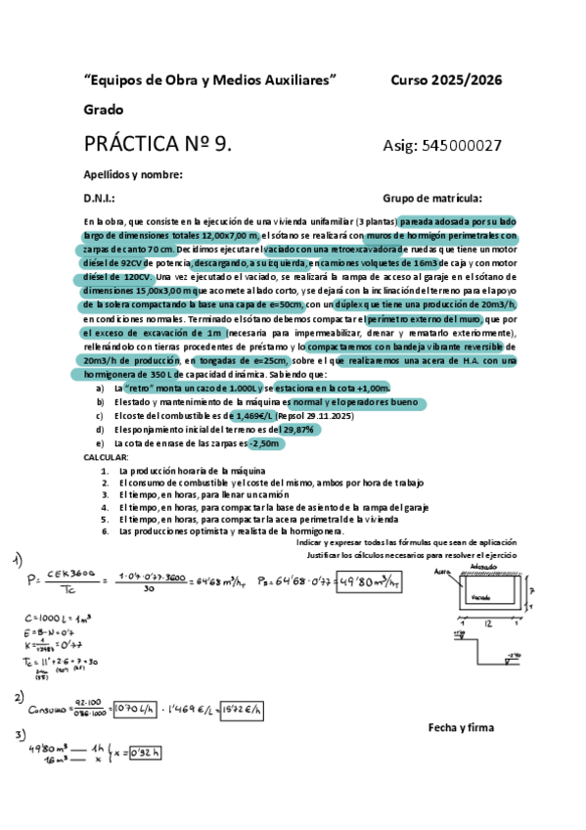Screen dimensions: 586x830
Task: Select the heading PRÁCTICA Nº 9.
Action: pyautogui.click(x=158, y=145)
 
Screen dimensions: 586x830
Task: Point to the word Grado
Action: pyautogui.click(x=102, y=110)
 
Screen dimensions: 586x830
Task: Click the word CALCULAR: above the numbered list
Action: pyautogui.click(x=106, y=457)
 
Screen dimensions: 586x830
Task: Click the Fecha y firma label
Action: pyautogui.click(x=461, y=727)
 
